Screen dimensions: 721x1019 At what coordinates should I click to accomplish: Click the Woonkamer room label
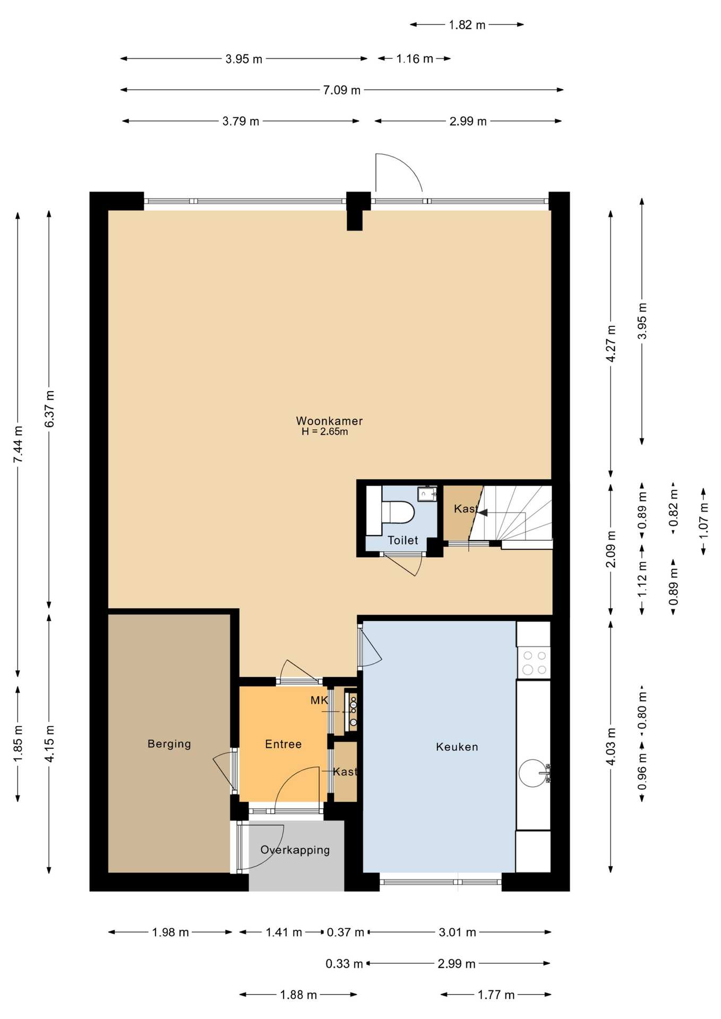click(329, 421)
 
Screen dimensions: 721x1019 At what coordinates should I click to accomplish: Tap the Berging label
click(169, 744)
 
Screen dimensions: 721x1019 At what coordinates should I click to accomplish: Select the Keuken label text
click(457, 747)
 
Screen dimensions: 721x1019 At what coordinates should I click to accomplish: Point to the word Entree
click(284, 744)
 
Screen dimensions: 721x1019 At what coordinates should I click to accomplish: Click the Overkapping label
click(295, 850)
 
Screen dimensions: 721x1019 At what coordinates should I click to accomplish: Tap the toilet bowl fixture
click(398, 512)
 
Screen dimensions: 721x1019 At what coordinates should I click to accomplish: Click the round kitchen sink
click(533, 773)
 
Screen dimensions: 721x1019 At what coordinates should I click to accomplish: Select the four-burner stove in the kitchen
click(534, 662)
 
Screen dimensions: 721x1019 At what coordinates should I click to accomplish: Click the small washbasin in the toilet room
click(427, 494)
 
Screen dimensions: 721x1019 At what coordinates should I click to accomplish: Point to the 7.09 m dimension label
click(342, 90)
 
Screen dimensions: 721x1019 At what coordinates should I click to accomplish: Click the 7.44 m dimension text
click(18, 444)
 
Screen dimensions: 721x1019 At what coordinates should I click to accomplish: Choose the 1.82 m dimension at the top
click(467, 25)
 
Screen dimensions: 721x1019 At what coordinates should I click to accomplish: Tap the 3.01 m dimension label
click(457, 932)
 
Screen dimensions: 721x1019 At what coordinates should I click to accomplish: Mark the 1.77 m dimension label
click(496, 995)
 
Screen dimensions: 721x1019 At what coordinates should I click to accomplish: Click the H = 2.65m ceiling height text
click(325, 431)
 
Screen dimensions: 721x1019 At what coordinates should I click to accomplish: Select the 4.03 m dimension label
click(611, 746)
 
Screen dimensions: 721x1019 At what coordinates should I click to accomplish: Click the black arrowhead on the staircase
click(482, 512)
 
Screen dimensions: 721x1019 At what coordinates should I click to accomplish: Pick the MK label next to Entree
click(319, 700)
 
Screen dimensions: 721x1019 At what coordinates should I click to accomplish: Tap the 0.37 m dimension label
click(346, 932)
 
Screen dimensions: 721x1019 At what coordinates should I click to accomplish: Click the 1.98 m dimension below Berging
click(170, 932)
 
